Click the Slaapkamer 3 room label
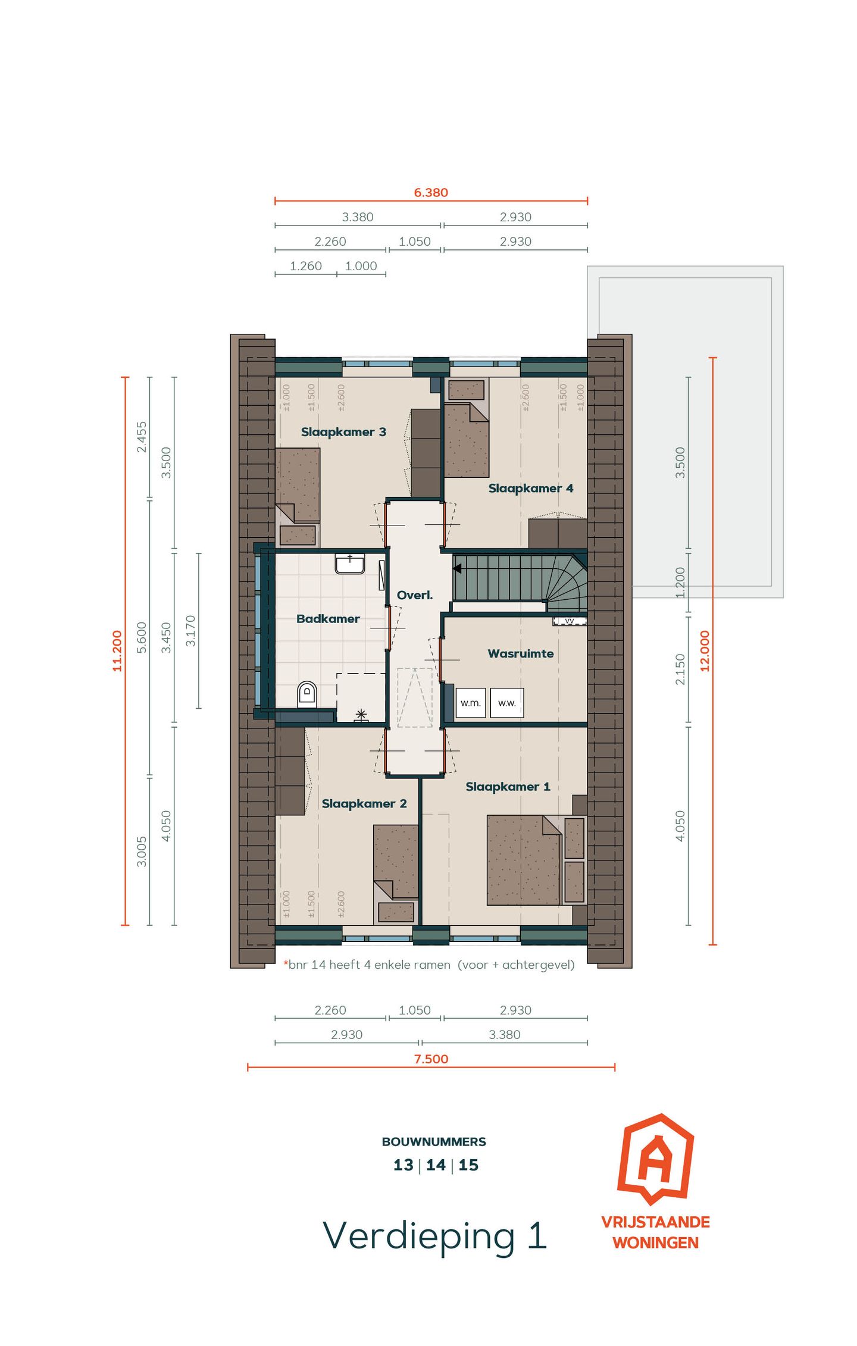coord(343,432)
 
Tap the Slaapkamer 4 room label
coord(530,489)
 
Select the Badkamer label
coord(328,619)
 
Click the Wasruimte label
coord(520,653)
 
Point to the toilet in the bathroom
coord(307,693)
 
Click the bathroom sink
coord(349,564)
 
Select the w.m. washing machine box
coord(470,703)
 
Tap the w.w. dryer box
coord(506,703)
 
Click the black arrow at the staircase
coord(457,569)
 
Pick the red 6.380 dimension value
coord(431,193)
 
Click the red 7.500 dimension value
coord(431,1059)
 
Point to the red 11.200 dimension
coord(117,651)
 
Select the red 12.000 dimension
coord(705,651)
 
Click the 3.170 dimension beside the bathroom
coord(190,631)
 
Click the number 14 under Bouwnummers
coord(436,1165)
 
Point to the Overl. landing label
coord(415,595)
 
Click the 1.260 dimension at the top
coord(305,266)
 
